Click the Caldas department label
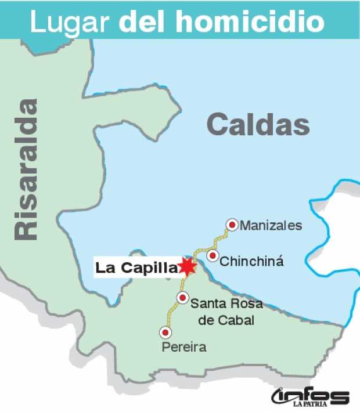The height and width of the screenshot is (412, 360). click(x=258, y=124)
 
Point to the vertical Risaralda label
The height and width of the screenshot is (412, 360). click(x=26, y=169)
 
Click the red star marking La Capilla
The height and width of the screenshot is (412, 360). click(x=188, y=266)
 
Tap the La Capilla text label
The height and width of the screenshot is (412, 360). click(x=135, y=268)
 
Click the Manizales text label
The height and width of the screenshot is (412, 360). click(x=271, y=225)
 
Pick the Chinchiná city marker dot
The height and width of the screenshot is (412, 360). click(x=213, y=256)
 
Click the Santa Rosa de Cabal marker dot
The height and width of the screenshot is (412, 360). click(x=183, y=298)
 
